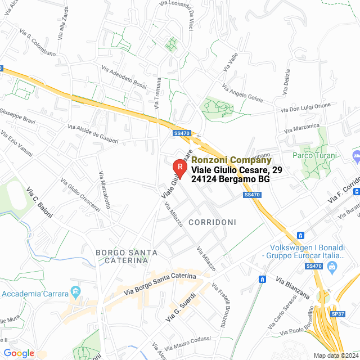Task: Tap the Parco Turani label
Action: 314,156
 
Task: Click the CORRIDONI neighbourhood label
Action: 212,223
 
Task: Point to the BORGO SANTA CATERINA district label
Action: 122,256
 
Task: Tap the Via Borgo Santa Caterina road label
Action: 160,284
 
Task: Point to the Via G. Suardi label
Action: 181,308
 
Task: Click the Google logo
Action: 19,353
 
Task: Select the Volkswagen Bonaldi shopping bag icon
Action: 334,266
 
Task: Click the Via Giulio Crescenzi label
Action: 80,196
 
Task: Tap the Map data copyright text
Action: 336,355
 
